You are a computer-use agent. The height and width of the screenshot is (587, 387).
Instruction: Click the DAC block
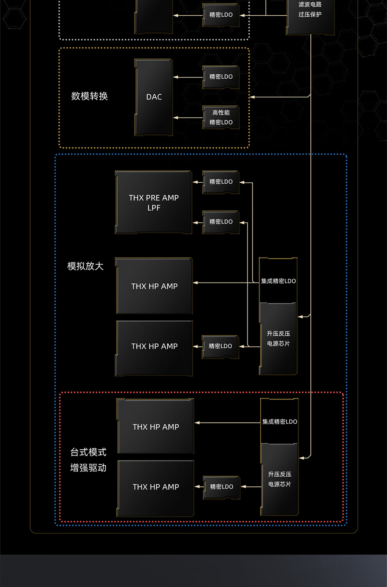pos(154,97)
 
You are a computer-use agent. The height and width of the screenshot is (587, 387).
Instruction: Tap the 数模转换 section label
pos(90,96)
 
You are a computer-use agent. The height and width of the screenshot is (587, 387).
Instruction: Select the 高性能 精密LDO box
pos(221,117)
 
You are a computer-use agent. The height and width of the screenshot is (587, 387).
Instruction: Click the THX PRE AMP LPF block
pos(154,202)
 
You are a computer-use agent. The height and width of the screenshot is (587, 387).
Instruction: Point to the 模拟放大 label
pos(85,266)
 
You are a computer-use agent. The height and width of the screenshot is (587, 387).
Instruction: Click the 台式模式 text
pos(88,452)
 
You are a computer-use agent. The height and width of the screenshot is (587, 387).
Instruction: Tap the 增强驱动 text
pos(88,468)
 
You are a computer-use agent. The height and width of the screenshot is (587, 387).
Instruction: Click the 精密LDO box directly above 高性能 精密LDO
pos(221,77)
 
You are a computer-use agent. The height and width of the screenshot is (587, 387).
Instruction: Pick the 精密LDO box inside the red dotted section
pos(222,487)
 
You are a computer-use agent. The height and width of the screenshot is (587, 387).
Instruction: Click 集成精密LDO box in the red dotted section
pos(279,421)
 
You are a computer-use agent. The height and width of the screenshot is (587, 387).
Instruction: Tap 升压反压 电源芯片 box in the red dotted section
pos(279,479)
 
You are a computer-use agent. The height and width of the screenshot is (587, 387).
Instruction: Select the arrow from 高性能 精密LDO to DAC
pos(188,117)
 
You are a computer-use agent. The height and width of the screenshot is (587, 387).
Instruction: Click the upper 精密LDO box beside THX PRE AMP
pos(221,182)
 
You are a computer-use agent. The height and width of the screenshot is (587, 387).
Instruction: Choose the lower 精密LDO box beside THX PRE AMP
pos(221,221)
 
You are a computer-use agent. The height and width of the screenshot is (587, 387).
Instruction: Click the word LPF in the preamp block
pos(154,208)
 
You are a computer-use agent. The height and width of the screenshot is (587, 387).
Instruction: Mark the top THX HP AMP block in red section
pos(156,427)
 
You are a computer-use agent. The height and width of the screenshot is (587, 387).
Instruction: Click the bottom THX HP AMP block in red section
pos(156,487)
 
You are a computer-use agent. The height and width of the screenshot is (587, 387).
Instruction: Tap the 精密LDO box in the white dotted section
pos(221,15)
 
